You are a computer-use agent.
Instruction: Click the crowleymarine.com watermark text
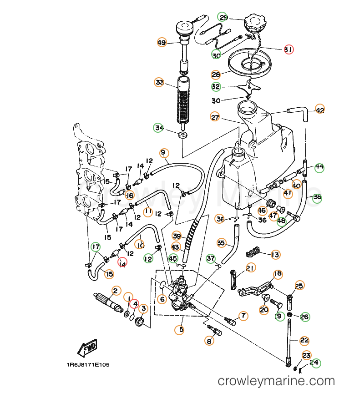click(276, 381)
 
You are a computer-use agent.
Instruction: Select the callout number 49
click(161, 43)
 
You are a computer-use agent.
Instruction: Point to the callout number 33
click(159, 82)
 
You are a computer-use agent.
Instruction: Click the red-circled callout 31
click(288, 50)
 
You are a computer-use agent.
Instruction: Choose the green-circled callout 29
click(223, 18)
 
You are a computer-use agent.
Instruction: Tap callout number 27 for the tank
click(215, 118)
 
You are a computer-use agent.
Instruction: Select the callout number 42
click(320, 110)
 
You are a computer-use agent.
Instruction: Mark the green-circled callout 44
click(319, 167)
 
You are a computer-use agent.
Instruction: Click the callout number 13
click(275, 255)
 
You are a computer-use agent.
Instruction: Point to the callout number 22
click(304, 340)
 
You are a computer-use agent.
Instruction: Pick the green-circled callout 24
click(314, 363)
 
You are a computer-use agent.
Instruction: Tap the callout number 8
click(209, 342)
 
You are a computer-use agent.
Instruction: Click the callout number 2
click(115, 290)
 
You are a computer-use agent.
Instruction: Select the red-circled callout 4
click(135, 303)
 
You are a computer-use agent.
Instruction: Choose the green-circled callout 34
click(159, 128)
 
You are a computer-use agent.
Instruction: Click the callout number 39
click(176, 236)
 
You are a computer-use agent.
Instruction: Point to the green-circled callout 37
click(211, 258)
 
